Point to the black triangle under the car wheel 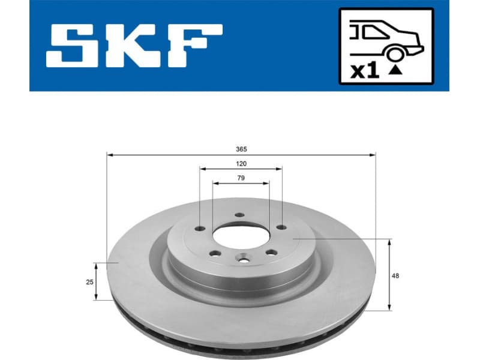pyautogui.click(x=394, y=70)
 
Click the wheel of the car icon pyautogui.click(x=394, y=55)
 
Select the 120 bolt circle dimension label pyautogui.click(x=241, y=163)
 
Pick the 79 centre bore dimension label pyautogui.click(x=241, y=178)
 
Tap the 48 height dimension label pyautogui.click(x=395, y=275)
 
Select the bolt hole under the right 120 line pyautogui.click(x=280, y=227)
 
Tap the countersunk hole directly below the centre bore pyautogui.click(x=242, y=260)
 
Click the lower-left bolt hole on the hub pyautogui.click(x=212, y=253)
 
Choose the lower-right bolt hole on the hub pyautogui.click(x=270, y=252)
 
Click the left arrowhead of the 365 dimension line pyautogui.click(x=109, y=155)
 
